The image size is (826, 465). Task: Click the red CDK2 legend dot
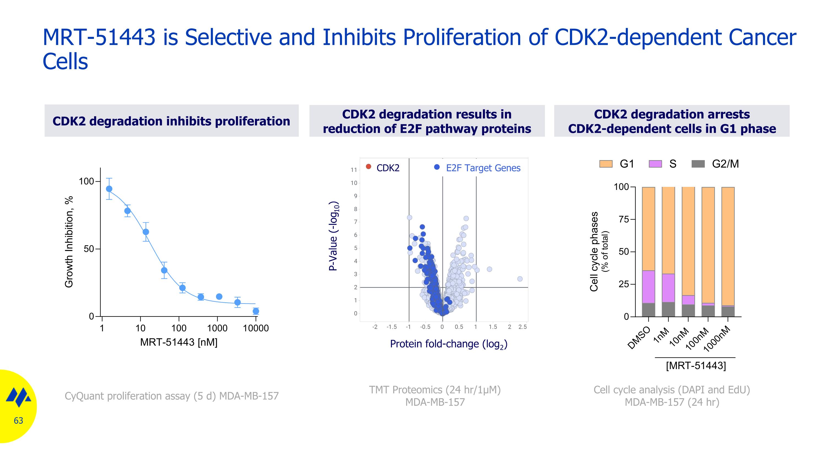click(x=368, y=166)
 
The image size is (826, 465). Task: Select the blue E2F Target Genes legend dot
click(x=436, y=167)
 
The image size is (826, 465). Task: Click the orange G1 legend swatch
click(x=605, y=164)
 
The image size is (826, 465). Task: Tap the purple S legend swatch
click(x=655, y=164)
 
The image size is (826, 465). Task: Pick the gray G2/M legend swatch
click(x=698, y=164)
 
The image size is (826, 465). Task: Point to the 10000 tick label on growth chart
click(x=256, y=328)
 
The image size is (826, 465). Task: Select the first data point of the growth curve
click(x=109, y=189)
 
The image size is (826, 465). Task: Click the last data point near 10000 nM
click(x=256, y=311)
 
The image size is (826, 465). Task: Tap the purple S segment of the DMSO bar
click(x=648, y=287)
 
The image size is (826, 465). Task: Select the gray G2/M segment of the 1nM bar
click(x=668, y=309)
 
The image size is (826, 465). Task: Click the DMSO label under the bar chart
click(x=638, y=338)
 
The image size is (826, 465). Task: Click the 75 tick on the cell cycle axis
click(x=624, y=219)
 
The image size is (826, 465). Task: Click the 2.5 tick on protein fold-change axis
click(x=522, y=327)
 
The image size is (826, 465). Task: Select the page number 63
click(x=18, y=420)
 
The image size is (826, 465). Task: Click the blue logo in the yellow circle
click(x=18, y=397)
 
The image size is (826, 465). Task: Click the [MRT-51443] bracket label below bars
click(x=695, y=365)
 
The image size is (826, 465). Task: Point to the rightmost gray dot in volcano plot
click(x=520, y=279)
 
